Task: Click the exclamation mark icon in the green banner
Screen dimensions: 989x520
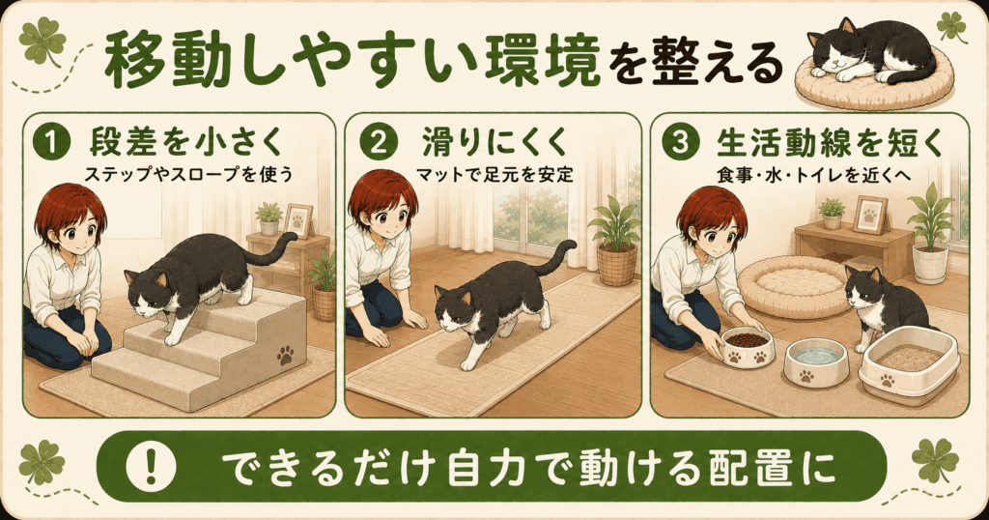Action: [x=151, y=467]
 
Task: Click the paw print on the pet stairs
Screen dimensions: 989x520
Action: [x=286, y=356]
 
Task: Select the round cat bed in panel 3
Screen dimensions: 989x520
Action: [x=795, y=287]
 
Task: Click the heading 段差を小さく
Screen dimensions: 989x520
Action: [x=186, y=142]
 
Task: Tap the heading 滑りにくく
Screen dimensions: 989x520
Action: [x=495, y=142]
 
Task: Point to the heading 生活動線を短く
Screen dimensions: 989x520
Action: [x=830, y=143]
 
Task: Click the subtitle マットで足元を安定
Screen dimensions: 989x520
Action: [x=494, y=173]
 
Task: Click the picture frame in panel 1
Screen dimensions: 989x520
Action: [x=298, y=220]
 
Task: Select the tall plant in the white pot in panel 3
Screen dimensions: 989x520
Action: [x=930, y=233]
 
